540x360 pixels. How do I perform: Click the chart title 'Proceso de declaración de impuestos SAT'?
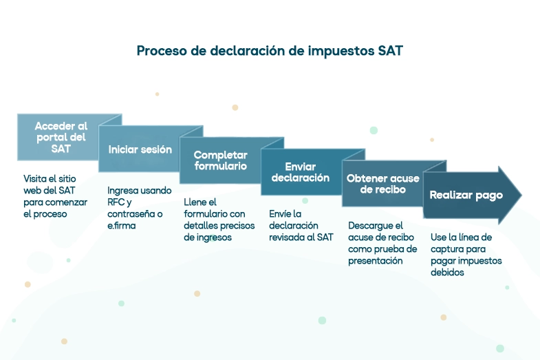tap(270, 51)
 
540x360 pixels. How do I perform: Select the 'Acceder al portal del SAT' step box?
tap(61, 137)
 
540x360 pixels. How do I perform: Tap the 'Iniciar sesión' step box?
tap(140, 149)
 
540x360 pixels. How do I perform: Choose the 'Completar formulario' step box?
tap(220, 160)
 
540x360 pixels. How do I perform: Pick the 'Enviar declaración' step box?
tap(301, 172)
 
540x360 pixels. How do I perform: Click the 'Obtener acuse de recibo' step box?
tap(382, 183)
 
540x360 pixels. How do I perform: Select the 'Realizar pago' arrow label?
tap(466, 195)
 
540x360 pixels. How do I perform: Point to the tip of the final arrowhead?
tap(521, 195)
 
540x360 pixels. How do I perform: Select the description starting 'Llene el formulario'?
tap(219, 220)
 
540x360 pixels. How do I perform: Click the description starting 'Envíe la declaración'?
tap(301, 225)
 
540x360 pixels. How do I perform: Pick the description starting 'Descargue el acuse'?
tap(382, 243)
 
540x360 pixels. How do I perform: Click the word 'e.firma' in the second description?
tap(122, 225)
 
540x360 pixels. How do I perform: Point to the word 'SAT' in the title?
tap(390, 51)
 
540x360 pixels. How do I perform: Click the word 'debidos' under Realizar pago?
tap(447, 272)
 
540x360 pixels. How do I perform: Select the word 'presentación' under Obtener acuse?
tap(375, 260)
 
